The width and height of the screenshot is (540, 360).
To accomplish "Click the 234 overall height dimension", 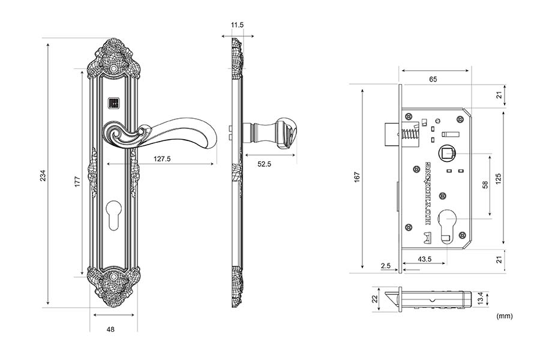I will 43,175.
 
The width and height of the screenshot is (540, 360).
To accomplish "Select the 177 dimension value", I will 77,182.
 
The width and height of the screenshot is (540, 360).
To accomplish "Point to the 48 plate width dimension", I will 110,329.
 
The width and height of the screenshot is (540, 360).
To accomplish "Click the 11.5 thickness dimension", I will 236,25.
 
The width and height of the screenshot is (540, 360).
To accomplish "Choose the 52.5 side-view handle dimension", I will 263,164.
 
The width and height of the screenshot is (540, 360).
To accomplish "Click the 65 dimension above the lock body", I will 433,79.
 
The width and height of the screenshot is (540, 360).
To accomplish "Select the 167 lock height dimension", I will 356,177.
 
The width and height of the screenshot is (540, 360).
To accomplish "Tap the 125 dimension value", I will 498,179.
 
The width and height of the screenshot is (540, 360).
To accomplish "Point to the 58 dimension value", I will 484,185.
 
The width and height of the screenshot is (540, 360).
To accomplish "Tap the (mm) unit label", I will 505,315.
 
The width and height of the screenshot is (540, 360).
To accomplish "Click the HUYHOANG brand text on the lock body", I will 428,193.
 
